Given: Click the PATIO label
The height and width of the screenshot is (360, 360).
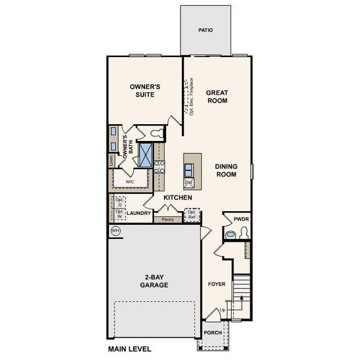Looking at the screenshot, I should pyautogui.click(x=205, y=29).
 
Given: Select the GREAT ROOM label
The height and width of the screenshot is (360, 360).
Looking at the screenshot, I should pyautogui.click(x=217, y=97).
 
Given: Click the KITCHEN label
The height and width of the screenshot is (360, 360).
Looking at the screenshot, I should pyautogui.click(x=178, y=197).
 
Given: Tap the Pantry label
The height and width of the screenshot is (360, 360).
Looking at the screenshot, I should pyautogui.click(x=168, y=220).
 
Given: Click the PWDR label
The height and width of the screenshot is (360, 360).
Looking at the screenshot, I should pyautogui.click(x=241, y=220).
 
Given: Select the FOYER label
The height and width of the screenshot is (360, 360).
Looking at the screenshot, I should pyautogui.click(x=216, y=284).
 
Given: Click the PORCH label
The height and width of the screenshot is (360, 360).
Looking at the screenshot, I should pyautogui.click(x=213, y=332).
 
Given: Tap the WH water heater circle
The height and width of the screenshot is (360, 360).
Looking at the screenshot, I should pyautogui.click(x=115, y=230).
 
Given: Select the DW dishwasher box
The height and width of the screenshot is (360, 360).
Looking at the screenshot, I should pyautogui.click(x=188, y=182).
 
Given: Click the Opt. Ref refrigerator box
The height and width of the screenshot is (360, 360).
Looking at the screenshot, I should pyautogui.click(x=192, y=214).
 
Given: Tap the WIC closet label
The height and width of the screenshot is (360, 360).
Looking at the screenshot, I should pyautogui.click(x=129, y=181).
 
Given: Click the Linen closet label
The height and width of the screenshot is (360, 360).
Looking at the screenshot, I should pyautogui.click(x=112, y=160).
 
